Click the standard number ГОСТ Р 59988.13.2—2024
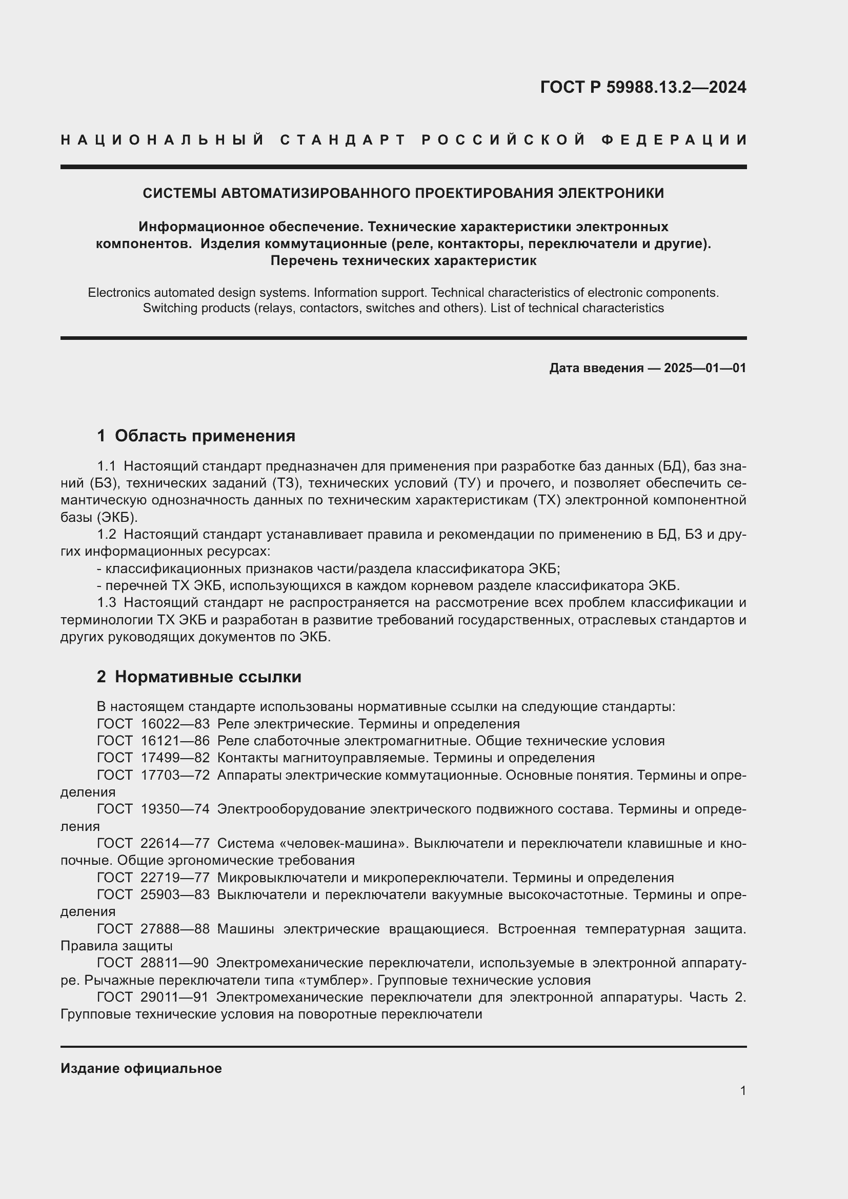[643, 87]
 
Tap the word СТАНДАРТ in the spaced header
[342, 140]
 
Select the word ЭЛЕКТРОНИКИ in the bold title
[611, 193]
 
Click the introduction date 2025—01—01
[705, 368]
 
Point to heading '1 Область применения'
[196, 436]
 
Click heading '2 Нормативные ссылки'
[199, 677]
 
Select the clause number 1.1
[107, 466]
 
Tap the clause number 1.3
[107, 603]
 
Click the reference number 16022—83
[175, 724]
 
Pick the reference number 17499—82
[175, 758]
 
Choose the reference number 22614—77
[175, 843]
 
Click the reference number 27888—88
[175, 929]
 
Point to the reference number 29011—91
[175, 997]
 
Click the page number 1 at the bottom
[742, 1090]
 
